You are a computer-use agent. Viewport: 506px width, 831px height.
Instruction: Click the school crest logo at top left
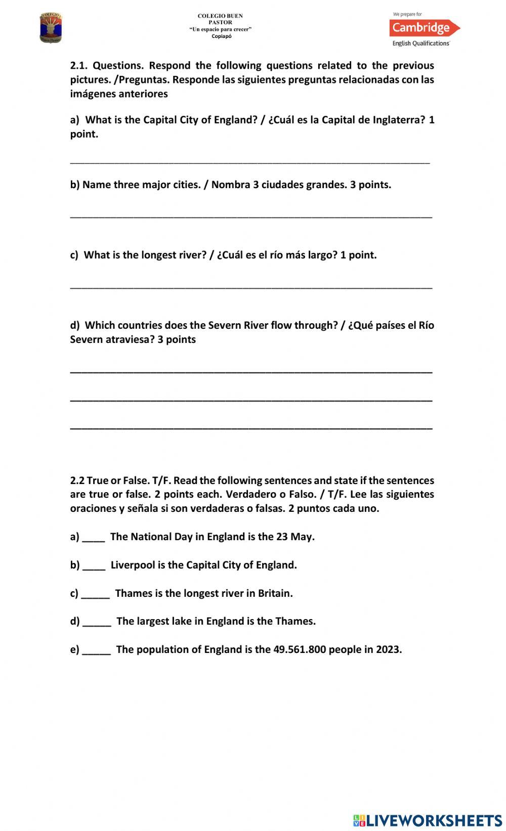(x=51, y=28)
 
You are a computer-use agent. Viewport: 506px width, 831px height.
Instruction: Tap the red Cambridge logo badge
(x=424, y=28)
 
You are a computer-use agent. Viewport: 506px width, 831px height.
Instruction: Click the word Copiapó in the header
(x=221, y=36)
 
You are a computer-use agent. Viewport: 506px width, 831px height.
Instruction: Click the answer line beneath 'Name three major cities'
(x=251, y=216)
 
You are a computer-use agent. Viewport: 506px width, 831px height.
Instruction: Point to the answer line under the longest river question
(x=251, y=287)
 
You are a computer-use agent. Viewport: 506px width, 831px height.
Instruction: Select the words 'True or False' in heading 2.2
(x=117, y=480)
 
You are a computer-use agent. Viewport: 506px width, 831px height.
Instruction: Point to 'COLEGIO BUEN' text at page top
(x=220, y=16)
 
